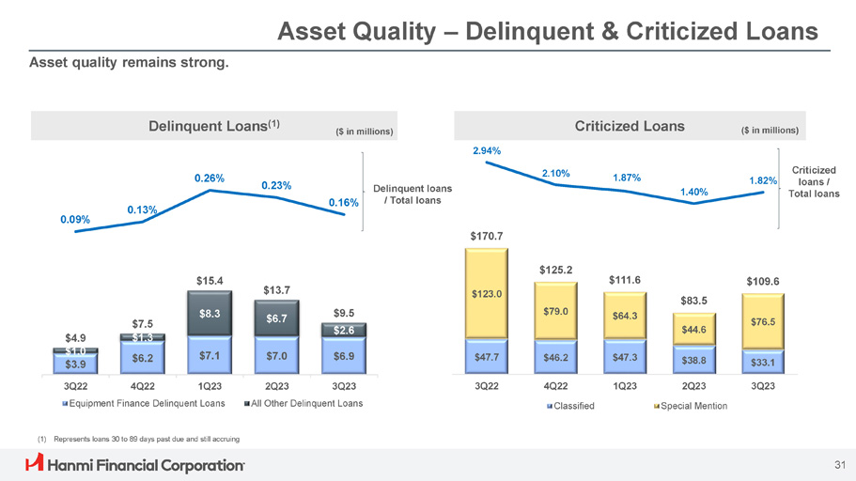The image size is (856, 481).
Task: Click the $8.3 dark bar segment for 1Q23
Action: tap(210, 317)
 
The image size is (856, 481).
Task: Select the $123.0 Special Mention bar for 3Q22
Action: tap(486, 294)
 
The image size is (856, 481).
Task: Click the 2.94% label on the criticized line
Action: tap(486, 150)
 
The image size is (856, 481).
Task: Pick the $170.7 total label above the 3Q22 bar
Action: tap(486, 235)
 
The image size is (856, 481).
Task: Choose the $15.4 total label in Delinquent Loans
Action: tap(210, 280)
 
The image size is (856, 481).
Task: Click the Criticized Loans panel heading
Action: tap(629, 126)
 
